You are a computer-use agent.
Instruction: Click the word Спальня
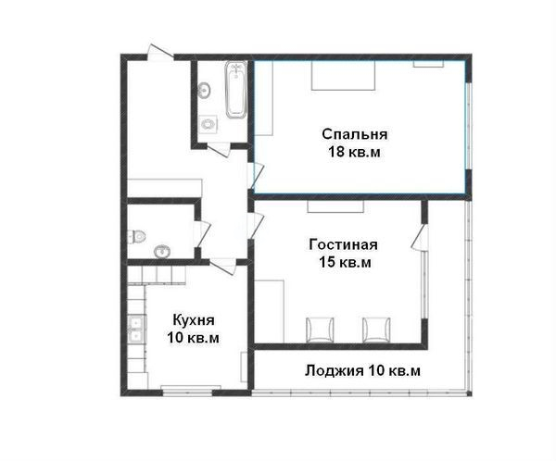pyautogui.click(x=355, y=134)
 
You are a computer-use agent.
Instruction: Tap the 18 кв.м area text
pyautogui.click(x=354, y=152)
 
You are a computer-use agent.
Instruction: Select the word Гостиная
pyautogui.click(x=343, y=244)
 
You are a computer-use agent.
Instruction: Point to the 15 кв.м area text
pyautogui.click(x=345, y=263)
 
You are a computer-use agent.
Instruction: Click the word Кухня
pyautogui.click(x=194, y=320)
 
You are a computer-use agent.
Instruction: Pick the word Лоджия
pyautogui.click(x=334, y=371)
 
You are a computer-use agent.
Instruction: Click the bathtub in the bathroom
pyautogui.click(x=235, y=90)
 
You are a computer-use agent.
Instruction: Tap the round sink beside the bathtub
pyautogui.click(x=204, y=91)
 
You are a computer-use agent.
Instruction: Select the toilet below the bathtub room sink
pyautogui.click(x=208, y=124)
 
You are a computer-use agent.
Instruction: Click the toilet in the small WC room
pyautogui.click(x=136, y=236)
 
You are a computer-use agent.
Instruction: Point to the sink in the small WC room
pyautogui.click(x=162, y=252)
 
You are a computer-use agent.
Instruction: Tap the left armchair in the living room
pyautogui.click(x=320, y=330)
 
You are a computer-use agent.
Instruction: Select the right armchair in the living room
pyautogui.click(x=376, y=330)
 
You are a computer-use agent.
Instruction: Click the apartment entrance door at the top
pyautogui.click(x=160, y=52)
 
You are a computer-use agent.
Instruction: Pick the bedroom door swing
pyautogui.click(x=256, y=176)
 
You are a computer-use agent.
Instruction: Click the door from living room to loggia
pyautogui.click(x=420, y=237)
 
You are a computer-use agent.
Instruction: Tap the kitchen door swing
pyautogui.click(x=223, y=267)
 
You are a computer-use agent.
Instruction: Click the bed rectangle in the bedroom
pyautogui.click(x=343, y=76)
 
